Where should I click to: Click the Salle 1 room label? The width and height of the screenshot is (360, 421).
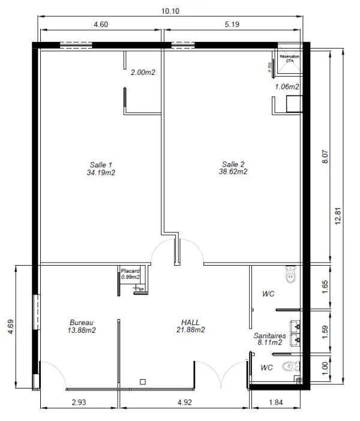click(x=101, y=169)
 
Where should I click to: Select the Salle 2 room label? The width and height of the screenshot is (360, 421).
click(x=233, y=168)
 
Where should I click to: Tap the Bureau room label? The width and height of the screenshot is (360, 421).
click(x=82, y=326)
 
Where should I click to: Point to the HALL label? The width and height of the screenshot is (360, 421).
click(x=191, y=326)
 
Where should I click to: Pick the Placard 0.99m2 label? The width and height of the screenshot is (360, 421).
click(x=130, y=274)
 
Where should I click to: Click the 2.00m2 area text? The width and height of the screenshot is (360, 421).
click(x=143, y=73)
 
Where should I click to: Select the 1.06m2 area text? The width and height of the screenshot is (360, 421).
click(x=287, y=87)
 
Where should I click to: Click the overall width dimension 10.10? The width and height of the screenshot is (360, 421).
click(x=170, y=11)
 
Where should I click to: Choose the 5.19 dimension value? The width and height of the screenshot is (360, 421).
click(x=232, y=25)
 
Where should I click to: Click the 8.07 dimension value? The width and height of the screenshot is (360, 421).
click(x=325, y=157)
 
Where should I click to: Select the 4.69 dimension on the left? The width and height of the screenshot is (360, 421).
click(x=11, y=327)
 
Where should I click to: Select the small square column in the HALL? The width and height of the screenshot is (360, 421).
click(x=142, y=381)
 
